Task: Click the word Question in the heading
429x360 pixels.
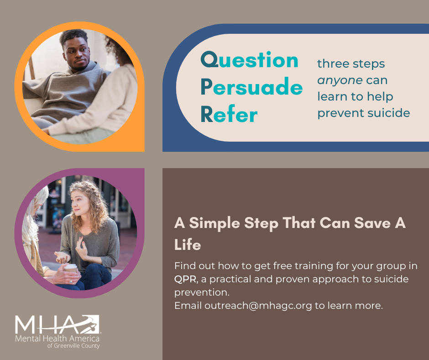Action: (249, 61)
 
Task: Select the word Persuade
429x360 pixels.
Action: (251, 87)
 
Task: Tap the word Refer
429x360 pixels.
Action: (229, 115)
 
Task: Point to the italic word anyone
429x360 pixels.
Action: (340, 80)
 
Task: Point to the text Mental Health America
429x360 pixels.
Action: (57, 339)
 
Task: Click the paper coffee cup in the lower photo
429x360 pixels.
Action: (71, 268)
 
